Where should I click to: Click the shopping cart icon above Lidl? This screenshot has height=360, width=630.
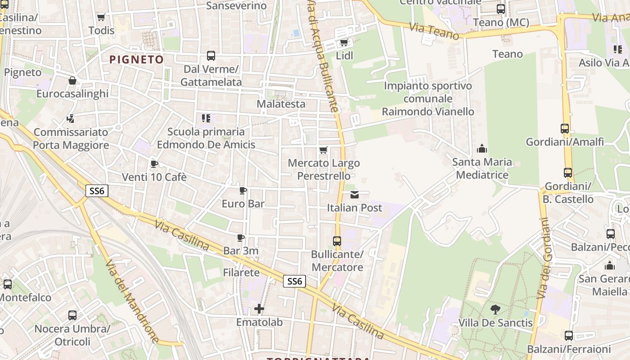[x=344, y=43]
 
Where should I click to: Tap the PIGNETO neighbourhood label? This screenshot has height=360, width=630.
[x=136, y=59]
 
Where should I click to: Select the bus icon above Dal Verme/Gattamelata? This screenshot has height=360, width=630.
[x=211, y=56]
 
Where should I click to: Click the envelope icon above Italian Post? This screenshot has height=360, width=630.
[x=355, y=194]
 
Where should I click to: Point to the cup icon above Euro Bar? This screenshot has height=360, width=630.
[x=243, y=191]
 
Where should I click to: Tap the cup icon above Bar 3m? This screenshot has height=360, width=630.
[x=241, y=238]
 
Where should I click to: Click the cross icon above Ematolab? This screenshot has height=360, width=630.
[x=259, y=309]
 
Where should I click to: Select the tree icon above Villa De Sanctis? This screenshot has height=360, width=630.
[x=495, y=310]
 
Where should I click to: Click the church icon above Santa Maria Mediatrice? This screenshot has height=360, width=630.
[x=482, y=148]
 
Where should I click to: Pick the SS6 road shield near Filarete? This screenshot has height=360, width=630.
[x=295, y=281]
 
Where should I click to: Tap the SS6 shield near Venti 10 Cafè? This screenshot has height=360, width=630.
[x=97, y=191]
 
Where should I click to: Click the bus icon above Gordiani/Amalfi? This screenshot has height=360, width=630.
[x=565, y=129]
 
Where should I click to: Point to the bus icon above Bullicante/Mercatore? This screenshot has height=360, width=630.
[x=337, y=241]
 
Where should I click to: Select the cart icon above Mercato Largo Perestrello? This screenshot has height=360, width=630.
[x=323, y=150]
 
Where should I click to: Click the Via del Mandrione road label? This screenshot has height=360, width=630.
[x=132, y=301]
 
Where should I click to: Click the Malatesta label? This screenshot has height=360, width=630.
[x=281, y=104]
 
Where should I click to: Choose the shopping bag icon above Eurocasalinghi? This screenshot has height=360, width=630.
[x=72, y=81]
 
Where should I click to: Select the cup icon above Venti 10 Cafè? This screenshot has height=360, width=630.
[x=154, y=164]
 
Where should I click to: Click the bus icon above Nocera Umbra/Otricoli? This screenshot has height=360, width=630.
[x=72, y=315]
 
